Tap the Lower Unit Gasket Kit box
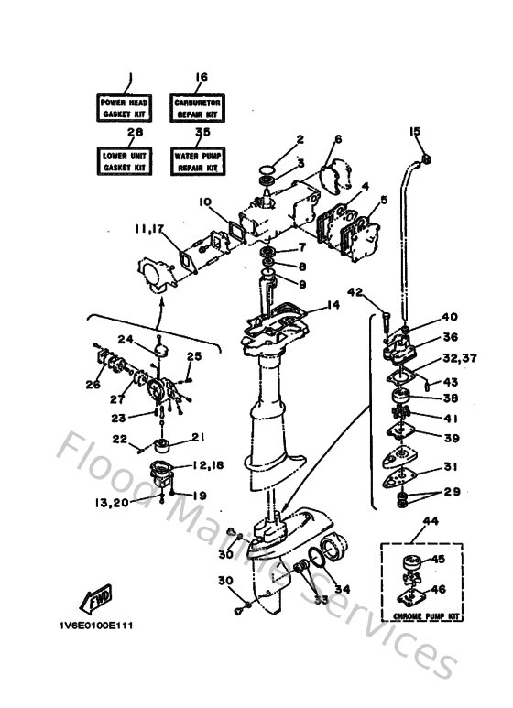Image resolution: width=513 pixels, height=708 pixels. (x=126, y=162)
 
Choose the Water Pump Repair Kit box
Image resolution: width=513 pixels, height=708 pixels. (x=199, y=162)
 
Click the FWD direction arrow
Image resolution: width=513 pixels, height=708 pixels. (x=99, y=600)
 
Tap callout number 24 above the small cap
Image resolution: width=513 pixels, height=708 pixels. (x=129, y=339)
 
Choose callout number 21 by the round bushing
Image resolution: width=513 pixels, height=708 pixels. (x=199, y=437)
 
